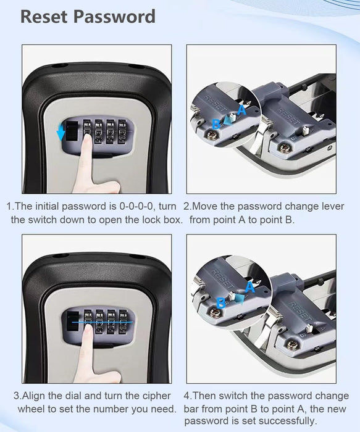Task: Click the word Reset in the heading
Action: click(44, 16)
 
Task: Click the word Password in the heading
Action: click(114, 16)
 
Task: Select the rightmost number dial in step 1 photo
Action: click(122, 131)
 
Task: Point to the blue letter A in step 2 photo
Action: click(241, 110)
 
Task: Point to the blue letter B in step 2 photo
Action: click(217, 124)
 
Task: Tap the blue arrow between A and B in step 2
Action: click(228, 120)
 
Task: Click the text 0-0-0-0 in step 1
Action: click(136, 206)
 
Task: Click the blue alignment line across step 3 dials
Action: click(103, 322)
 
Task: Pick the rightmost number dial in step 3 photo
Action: click(123, 322)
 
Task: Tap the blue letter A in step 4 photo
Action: click(249, 288)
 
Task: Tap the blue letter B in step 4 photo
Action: click(221, 303)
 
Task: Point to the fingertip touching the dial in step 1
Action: click(88, 136)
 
